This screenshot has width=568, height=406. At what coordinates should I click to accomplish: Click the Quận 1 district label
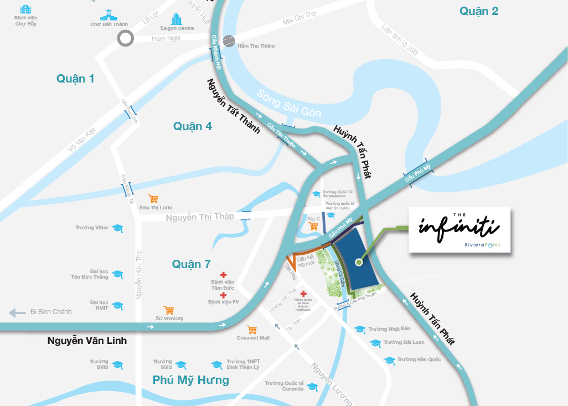(x=75, y=79)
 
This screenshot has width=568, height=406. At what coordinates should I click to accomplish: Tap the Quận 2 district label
(x=479, y=11)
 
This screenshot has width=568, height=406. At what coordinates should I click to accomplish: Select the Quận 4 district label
(x=192, y=126)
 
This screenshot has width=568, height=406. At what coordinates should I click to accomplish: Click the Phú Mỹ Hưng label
(x=190, y=380)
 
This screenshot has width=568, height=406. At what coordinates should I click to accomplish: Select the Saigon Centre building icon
(x=177, y=19)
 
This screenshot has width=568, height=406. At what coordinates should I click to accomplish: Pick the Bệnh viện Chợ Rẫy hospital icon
(x=25, y=9)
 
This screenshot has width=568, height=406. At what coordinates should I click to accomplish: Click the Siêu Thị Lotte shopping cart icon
(x=153, y=199)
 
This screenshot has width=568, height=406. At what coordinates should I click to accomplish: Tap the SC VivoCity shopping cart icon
(x=169, y=310)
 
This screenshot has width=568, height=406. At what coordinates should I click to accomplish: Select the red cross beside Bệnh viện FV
(x=223, y=295)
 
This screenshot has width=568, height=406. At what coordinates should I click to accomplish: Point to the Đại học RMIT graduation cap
(x=117, y=305)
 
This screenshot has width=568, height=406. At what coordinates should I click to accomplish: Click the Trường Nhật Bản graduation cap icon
(x=360, y=329)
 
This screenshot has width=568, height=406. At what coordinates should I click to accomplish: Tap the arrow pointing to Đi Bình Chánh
(x=17, y=312)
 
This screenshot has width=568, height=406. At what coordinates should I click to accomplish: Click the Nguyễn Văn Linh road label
(x=87, y=341)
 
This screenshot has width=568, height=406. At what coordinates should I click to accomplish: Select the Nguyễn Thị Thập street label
(x=200, y=217)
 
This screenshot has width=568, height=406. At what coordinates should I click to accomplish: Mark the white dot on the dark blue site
(x=358, y=262)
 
